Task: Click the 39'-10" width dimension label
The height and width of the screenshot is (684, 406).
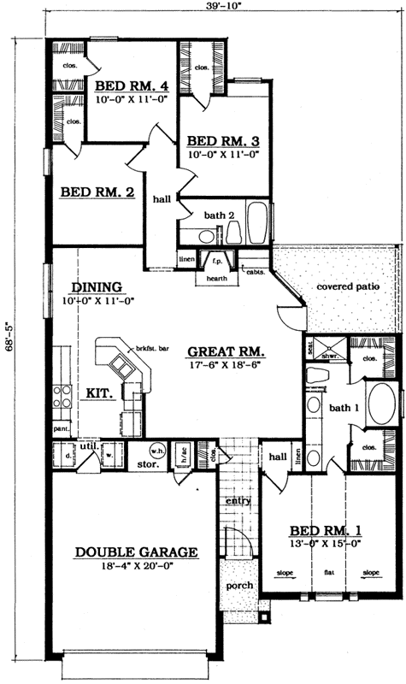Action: [x=217, y=8]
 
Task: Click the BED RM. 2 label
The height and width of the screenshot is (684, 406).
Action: [x=97, y=193]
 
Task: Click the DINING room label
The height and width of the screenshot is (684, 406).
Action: [x=97, y=287]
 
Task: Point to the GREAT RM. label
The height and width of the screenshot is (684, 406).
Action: [x=226, y=351]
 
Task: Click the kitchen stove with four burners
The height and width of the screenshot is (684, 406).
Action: [x=62, y=395]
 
